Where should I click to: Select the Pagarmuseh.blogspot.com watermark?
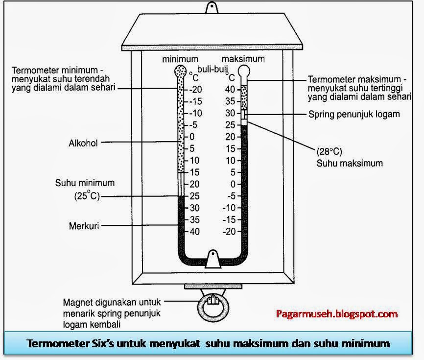coord(337,314)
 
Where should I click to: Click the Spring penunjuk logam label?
coord(354,114)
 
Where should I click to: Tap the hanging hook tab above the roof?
coord(212,8)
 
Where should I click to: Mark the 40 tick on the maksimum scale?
coord(230,89)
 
